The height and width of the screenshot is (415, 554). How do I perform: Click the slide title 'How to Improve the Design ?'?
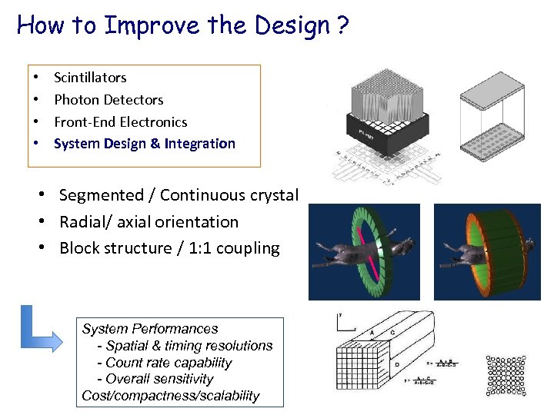pos(182,25)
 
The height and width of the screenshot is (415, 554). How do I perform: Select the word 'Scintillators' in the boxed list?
pos(90,78)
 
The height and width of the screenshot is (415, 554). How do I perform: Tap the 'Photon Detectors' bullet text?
pos(108,100)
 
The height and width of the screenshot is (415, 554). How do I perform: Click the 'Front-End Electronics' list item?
pos(120,121)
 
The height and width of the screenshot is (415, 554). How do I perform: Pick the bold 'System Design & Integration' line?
pos(144,144)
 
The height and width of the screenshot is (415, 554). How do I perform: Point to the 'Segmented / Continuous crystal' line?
pos(178,195)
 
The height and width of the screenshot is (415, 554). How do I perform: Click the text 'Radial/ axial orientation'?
pos(149,221)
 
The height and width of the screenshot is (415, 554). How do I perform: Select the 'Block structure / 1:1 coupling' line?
pos(169,247)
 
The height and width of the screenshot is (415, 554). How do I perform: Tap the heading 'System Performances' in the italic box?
pos(150,329)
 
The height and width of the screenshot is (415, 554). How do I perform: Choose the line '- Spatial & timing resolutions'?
pos(184,346)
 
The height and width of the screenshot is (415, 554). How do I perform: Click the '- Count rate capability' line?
pos(164,363)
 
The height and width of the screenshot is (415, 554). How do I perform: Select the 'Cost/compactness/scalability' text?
pos(171,397)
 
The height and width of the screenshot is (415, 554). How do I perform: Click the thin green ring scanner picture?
pos(364,251)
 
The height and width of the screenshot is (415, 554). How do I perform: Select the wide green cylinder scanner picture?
pos(487,251)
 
